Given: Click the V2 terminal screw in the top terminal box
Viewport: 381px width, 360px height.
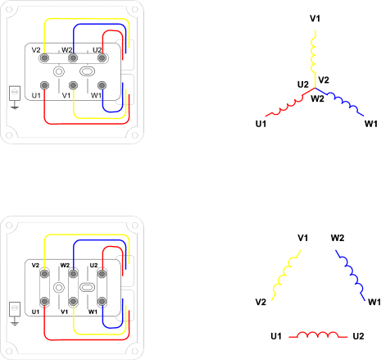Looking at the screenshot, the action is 44,58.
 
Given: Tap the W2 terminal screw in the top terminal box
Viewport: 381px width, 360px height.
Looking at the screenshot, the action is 73,58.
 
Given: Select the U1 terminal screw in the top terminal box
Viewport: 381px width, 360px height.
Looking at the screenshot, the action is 44,85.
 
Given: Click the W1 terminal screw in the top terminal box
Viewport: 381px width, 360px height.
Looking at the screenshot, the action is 102,85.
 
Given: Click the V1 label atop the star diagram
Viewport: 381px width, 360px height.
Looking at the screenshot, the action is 315,18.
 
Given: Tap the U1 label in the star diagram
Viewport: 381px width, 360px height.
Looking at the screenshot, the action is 261,124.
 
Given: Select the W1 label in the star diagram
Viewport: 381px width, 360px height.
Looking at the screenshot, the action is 371,124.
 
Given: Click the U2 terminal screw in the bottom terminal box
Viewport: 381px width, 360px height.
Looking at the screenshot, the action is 102,274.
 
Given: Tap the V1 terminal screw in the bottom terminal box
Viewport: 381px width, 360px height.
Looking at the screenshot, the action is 73,301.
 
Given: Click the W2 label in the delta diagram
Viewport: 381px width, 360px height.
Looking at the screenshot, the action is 338,238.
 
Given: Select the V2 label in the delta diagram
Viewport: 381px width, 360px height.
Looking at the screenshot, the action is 261,302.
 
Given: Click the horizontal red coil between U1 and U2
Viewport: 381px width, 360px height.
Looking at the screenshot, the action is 318,335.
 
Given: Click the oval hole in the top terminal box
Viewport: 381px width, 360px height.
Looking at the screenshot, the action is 87,71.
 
